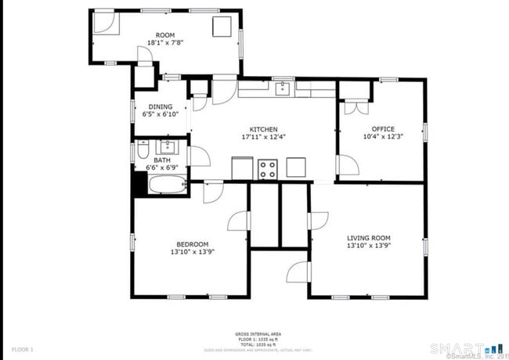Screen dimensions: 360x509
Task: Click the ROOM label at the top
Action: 165,35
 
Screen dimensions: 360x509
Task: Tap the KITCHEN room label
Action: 263,129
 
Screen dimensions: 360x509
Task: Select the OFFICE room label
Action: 383,129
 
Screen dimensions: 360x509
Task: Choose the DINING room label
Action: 161,106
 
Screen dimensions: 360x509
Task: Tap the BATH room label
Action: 162,160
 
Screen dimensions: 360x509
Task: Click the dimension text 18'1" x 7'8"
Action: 165,43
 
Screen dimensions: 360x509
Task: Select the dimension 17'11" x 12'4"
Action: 263,137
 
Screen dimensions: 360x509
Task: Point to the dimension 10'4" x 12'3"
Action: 383,137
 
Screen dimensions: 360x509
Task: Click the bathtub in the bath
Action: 166,185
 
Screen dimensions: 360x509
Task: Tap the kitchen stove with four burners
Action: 268,169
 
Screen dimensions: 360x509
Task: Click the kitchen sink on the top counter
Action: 283,88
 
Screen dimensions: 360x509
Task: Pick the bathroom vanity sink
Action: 168,146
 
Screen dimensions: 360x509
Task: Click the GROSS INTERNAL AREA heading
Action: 254,333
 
